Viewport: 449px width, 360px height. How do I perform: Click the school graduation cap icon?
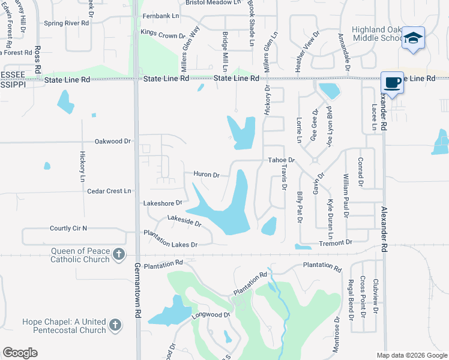[413, 38]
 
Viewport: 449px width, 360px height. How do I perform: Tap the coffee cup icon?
[392, 82]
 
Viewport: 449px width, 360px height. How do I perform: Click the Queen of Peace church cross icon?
[119, 254]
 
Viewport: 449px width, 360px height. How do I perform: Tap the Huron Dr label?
[206, 175]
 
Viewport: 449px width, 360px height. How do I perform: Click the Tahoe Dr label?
[281, 160]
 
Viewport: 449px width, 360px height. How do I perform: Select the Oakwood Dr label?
[112, 142]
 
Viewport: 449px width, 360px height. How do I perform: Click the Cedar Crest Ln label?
[109, 191]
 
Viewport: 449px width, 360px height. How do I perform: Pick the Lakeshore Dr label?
[162, 203]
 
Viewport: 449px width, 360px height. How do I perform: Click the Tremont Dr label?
[336, 242]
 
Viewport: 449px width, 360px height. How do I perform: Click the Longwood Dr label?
[210, 314]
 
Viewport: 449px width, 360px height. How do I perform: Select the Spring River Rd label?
[66, 23]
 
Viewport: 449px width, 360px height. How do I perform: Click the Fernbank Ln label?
[160, 16]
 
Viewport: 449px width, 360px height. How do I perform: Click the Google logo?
[20, 353]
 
